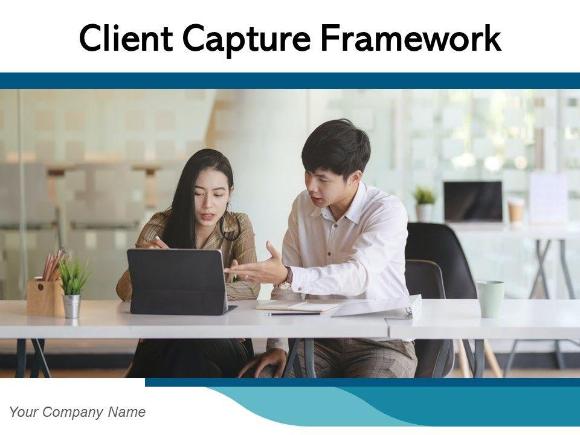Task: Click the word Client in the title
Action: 126,38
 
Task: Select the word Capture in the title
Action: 246,40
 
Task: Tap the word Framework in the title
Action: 411,37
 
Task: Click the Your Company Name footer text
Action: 77,412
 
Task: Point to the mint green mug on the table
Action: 491,299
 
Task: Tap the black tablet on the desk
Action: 177,281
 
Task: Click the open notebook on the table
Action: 297,306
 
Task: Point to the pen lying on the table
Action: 293,314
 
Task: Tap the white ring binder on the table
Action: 377,307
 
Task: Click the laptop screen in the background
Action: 473,201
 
